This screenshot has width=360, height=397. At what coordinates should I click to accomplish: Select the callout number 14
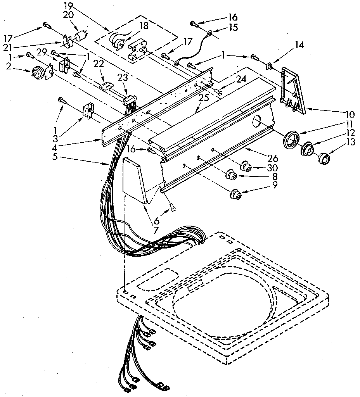pyautogui.click(x=299, y=45)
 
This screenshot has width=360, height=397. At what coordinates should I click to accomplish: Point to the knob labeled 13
pyautogui.click(x=323, y=159)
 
